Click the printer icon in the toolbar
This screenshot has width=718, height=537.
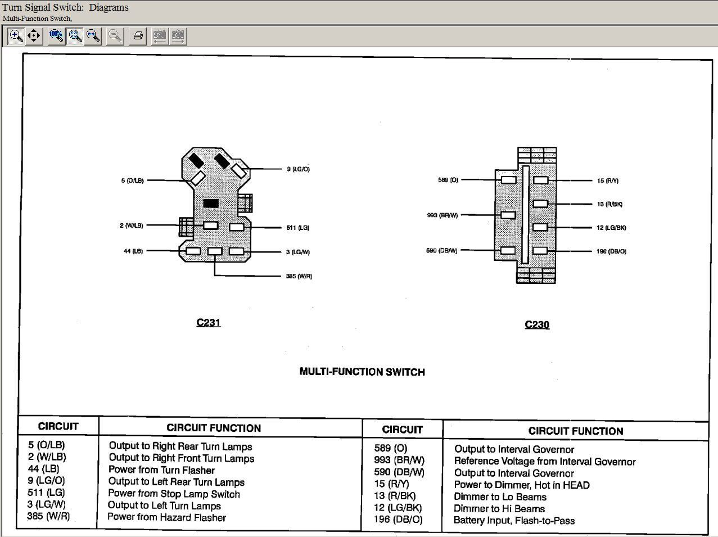tap(138, 35)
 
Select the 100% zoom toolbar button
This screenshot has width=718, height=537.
tap(56, 35)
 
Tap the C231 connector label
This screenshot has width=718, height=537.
tap(209, 323)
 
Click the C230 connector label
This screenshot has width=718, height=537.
tap(537, 324)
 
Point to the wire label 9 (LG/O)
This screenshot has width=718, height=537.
tap(299, 169)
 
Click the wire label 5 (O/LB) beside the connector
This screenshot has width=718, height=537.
tap(133, 180)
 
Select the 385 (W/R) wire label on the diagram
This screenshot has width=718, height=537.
tap(299, 276)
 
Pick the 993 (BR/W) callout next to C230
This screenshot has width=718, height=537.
tap(442, 215)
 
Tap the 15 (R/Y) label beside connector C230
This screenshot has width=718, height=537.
tap(608, 180)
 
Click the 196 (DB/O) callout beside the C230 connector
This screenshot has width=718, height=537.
tap(611, 251)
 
